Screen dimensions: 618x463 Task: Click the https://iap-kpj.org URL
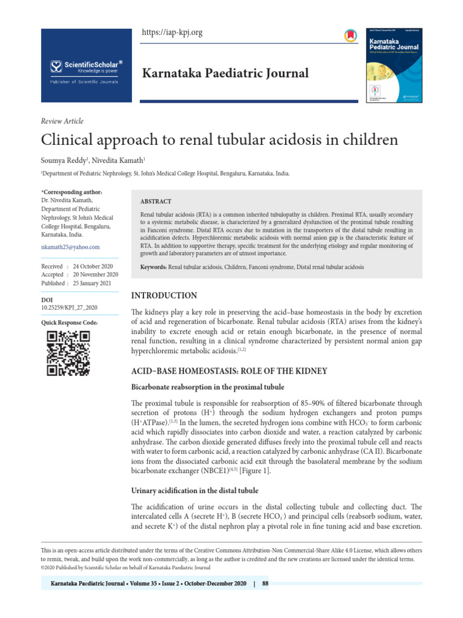(172, 33)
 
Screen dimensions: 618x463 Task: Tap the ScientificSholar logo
(86, 66)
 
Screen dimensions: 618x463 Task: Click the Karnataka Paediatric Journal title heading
(224, 73)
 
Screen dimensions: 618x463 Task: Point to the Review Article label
(62, 121)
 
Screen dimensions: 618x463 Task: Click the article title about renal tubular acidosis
(219, 140)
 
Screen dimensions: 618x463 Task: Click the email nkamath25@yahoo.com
(70, 247)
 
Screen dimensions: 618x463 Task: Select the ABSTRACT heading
(156, 202)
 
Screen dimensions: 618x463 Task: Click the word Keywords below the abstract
(153, 267)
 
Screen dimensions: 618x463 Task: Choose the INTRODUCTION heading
(164, 296)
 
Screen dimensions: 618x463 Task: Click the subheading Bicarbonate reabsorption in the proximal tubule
(208, 386)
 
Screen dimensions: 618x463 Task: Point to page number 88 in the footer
(265, 584)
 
